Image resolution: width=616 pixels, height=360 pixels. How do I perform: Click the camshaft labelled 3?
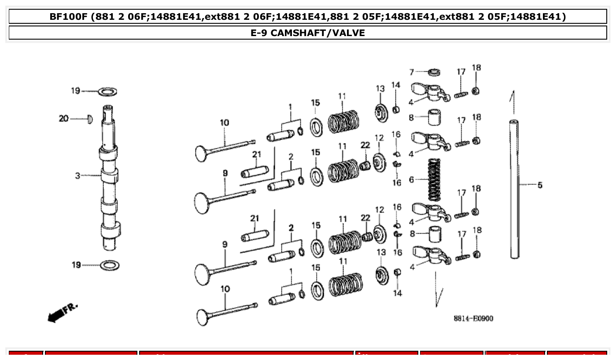[109, 185]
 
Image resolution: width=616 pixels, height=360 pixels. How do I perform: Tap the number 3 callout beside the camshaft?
[77, 176]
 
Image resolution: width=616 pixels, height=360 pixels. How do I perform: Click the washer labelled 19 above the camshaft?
[107, 92]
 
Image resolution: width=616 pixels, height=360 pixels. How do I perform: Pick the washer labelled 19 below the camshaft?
[110, 265]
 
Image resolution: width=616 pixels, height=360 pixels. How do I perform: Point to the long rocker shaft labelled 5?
[514, 189]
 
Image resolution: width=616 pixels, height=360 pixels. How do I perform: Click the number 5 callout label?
[539, 185]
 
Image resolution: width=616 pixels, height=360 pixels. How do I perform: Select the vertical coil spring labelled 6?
[434, 179]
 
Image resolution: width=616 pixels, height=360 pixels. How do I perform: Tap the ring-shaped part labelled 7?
[435, 72]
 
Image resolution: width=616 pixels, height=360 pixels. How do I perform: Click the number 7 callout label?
[412, 72]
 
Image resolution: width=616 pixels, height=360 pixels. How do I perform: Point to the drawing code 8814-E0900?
[473, 318]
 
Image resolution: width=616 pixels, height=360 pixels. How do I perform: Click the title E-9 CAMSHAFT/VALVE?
[308, 33]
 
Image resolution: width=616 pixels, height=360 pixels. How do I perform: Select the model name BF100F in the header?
[67, 17]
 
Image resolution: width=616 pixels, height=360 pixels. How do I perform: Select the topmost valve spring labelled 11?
[344, 121]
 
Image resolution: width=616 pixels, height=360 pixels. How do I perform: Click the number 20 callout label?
[64, 119]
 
